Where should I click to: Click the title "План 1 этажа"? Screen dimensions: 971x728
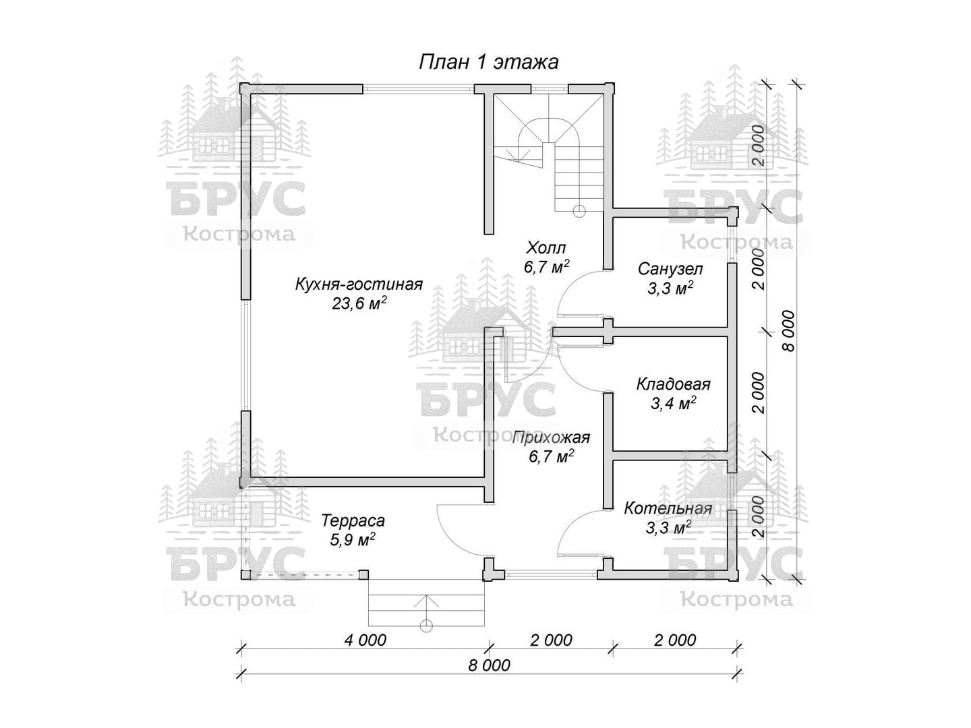coord(488,62)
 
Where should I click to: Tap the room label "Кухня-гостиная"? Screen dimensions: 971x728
coord(359,284)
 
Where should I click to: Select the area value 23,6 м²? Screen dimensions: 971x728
coord(359,303)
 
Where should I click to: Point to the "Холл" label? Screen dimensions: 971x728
coord(546,248)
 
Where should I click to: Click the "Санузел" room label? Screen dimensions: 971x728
coord(670,269)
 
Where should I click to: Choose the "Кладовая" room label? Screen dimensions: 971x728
coord(673,384)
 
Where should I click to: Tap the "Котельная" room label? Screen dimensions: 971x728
coord(668,508)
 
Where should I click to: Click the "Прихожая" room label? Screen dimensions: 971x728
coord(551,437)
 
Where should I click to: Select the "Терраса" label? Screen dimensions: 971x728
coord(353,520)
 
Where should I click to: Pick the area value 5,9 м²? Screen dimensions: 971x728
coord(353,540)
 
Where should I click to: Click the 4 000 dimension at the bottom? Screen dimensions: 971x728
coord(365,640)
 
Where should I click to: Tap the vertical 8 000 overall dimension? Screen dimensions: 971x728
coord(788,331)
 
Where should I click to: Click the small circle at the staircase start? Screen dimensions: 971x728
coord(579,212)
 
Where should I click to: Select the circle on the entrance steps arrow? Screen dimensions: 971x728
coord(426,626)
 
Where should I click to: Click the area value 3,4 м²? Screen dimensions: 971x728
coord(674,403)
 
